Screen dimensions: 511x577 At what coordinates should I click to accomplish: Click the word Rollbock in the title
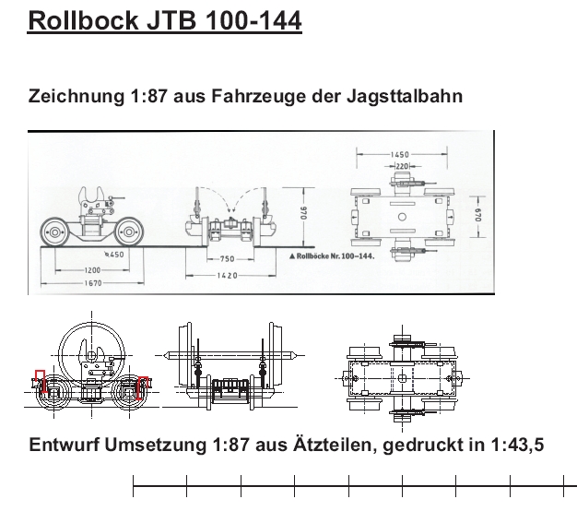coord(84,20)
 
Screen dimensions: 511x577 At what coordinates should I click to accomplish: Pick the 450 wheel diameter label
coord(115,255)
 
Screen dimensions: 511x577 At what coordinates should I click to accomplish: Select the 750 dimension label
coord(227,259)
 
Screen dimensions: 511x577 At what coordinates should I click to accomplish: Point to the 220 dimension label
coord(400,165)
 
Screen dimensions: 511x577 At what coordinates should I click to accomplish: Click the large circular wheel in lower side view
coord(90,349)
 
